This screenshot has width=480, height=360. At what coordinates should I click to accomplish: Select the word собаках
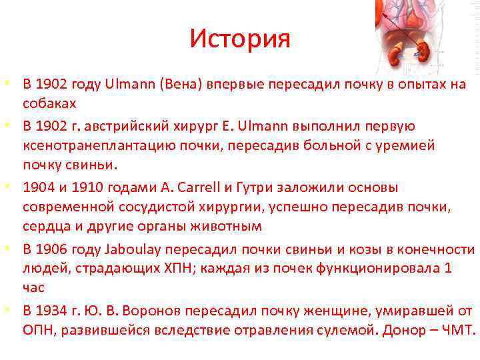(x=49, y=104)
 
